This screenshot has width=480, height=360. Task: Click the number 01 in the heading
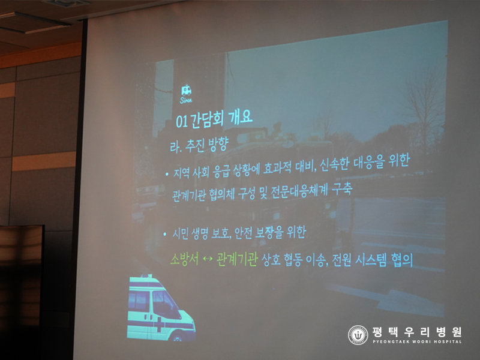coord(182,122)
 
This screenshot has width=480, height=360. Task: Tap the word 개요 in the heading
coord(241,116)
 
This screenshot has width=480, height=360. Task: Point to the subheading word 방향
coord(218,143)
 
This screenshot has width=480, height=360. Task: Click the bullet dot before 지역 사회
coord(167,174)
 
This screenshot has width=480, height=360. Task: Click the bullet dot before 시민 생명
coord(165,235)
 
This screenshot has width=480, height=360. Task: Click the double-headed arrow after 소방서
coord(208,259)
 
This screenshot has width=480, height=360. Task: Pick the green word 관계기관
coord(236,259)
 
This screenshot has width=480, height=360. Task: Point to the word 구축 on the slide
coord(341,189)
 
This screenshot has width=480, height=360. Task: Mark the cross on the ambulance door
coord(159,324)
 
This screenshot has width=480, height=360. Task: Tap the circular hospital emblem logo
coord(358,335)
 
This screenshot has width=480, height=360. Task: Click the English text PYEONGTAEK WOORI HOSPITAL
coord(417,341)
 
